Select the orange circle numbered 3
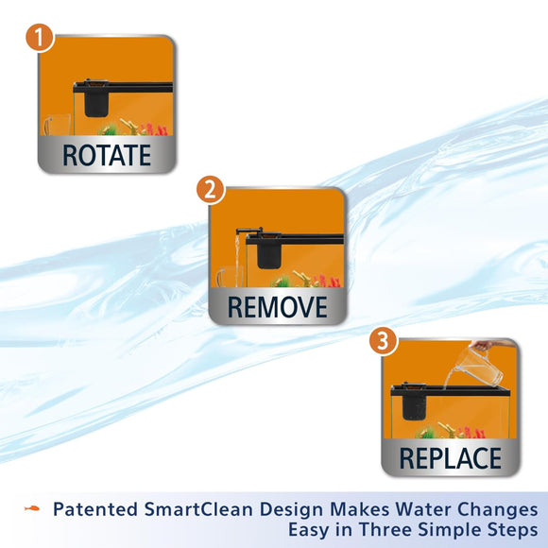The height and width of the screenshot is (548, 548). point(383,341)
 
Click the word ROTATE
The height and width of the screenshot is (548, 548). point(107,155)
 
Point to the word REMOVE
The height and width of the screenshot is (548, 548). point(277,306)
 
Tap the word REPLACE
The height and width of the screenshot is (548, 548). point(450,459)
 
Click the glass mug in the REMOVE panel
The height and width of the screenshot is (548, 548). point(226,279)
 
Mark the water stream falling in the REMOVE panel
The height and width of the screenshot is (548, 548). point(236,260)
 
